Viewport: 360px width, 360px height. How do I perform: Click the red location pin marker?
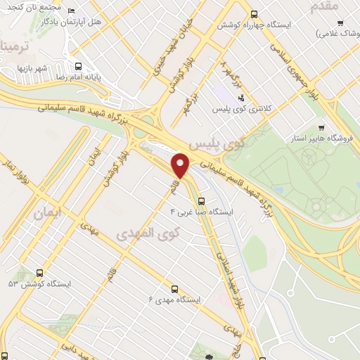pyautogui.click(x=181, y=165)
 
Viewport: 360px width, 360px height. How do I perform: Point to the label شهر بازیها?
pyautogui.click(x=32, y=68)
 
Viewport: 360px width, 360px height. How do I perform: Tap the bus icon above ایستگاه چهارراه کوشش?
pyautogui.click(x=253, y=13)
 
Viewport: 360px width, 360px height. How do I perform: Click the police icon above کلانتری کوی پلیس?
pyautogui.click(x=241, y=98)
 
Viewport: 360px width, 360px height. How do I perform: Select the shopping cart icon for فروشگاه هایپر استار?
pyautogui.click(x=321, y=128)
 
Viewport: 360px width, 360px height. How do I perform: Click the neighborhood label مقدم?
pyautogui.click(x=324, y=6)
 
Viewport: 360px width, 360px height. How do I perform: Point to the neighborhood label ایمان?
pyautogui.click(x=49, y=210)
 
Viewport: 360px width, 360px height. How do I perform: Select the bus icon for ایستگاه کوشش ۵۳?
pyautogui.click(x=39, y=273)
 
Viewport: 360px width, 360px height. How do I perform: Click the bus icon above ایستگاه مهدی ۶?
pyautogui.click(x=174, y=288)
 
